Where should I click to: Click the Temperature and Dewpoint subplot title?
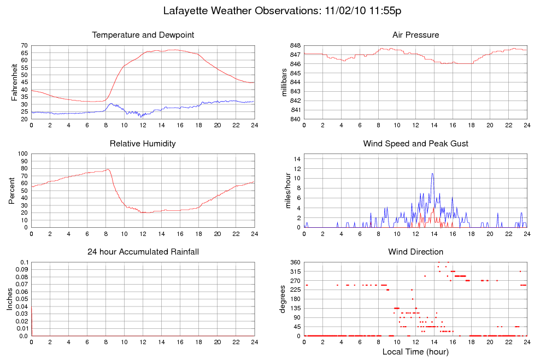coord(143,35)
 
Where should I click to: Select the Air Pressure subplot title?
coord(415,35)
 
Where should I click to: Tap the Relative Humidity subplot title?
coord(143,144)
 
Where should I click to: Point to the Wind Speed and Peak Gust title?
coord(415,144)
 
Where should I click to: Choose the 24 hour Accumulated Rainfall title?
coord(143,252)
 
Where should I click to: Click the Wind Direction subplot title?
coord(415,252)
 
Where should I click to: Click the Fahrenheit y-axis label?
coord(15,82)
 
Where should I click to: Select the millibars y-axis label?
coord(284,82)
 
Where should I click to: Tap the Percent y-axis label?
coord(12,190)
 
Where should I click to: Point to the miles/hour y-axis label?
coord(284,190)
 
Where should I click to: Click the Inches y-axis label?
coord(10,299)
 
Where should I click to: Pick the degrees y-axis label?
coord(283,299)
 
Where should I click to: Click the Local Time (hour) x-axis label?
coord(415,352)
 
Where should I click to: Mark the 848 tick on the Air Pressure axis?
coord(296,45)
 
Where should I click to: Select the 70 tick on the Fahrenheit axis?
coord(24,45)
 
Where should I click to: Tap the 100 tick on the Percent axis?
coord(22,154)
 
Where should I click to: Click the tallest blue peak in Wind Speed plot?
coord(432,174)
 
